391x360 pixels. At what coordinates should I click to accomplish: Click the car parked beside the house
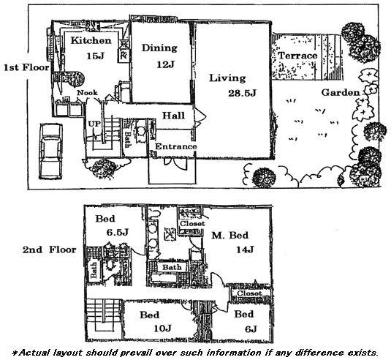tap(50, 151)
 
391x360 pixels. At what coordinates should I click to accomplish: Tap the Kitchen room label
tap(91, 40)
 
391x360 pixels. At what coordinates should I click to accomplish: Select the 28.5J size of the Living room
tap(242, 94)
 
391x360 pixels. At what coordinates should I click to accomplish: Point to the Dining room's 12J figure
tap(165, 64)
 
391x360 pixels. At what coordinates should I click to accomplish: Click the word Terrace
tap(297, 56)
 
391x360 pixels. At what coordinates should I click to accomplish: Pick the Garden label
tap(341, 93)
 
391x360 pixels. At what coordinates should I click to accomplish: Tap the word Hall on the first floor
tap(173, 116)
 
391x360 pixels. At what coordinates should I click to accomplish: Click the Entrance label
tap(176, 146)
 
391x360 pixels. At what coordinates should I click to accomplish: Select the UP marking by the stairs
tap(94, 124)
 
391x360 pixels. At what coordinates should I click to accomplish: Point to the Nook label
tap(87, 93)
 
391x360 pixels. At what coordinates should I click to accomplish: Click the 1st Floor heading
tap(26, 67)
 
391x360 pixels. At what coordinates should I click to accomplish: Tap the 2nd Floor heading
tap(50, 250)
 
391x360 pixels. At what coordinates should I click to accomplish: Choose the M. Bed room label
tap(230, 235)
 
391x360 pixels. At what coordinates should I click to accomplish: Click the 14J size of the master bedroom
tap(245, 250)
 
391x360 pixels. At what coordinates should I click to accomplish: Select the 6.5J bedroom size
tap(117, 233)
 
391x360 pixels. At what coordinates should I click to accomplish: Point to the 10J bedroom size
tap(162, 329)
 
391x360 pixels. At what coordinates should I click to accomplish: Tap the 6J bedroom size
tap(251, 329)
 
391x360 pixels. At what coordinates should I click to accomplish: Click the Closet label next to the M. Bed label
tap(192, 223)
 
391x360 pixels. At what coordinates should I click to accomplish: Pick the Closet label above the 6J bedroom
tap(249, 293)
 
